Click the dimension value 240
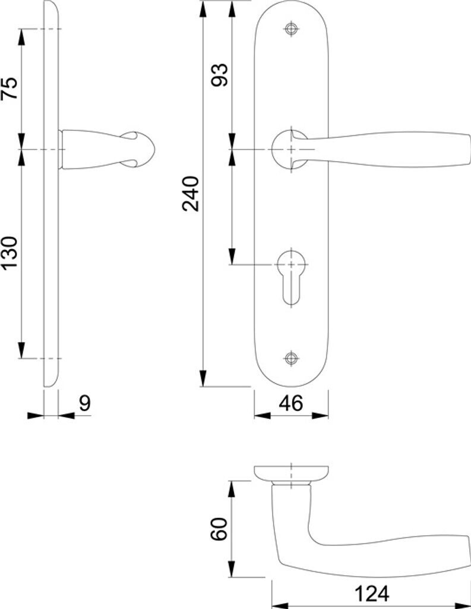pyautogui.click(x=191, y=193)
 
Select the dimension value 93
pyautogui.click(x=219, y=74)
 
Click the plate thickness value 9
pyautogui.click(x=85, y=403)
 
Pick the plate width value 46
pyautogui.click(x=290, y=403)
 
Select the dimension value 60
pyautogui.click(x=219, y=529)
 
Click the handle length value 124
pyautogui.click(x=372, y=594)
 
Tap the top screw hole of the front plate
pyautogui.click(x=291, y=29)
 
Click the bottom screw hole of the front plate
pyautogui.click(x=291, y=357)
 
